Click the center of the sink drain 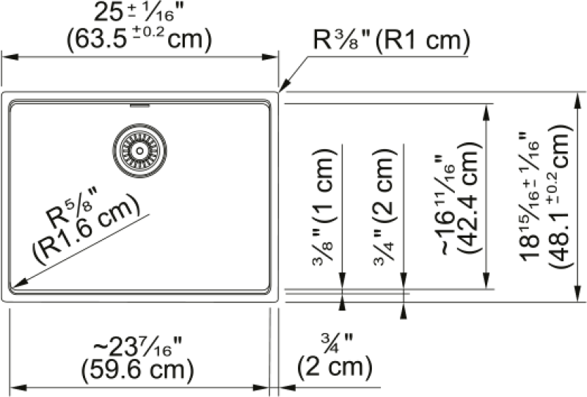point(139,150)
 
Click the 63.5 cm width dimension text point(139,39)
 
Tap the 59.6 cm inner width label point(137,369)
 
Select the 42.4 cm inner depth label point(468,198)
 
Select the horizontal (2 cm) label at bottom point(335,366)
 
